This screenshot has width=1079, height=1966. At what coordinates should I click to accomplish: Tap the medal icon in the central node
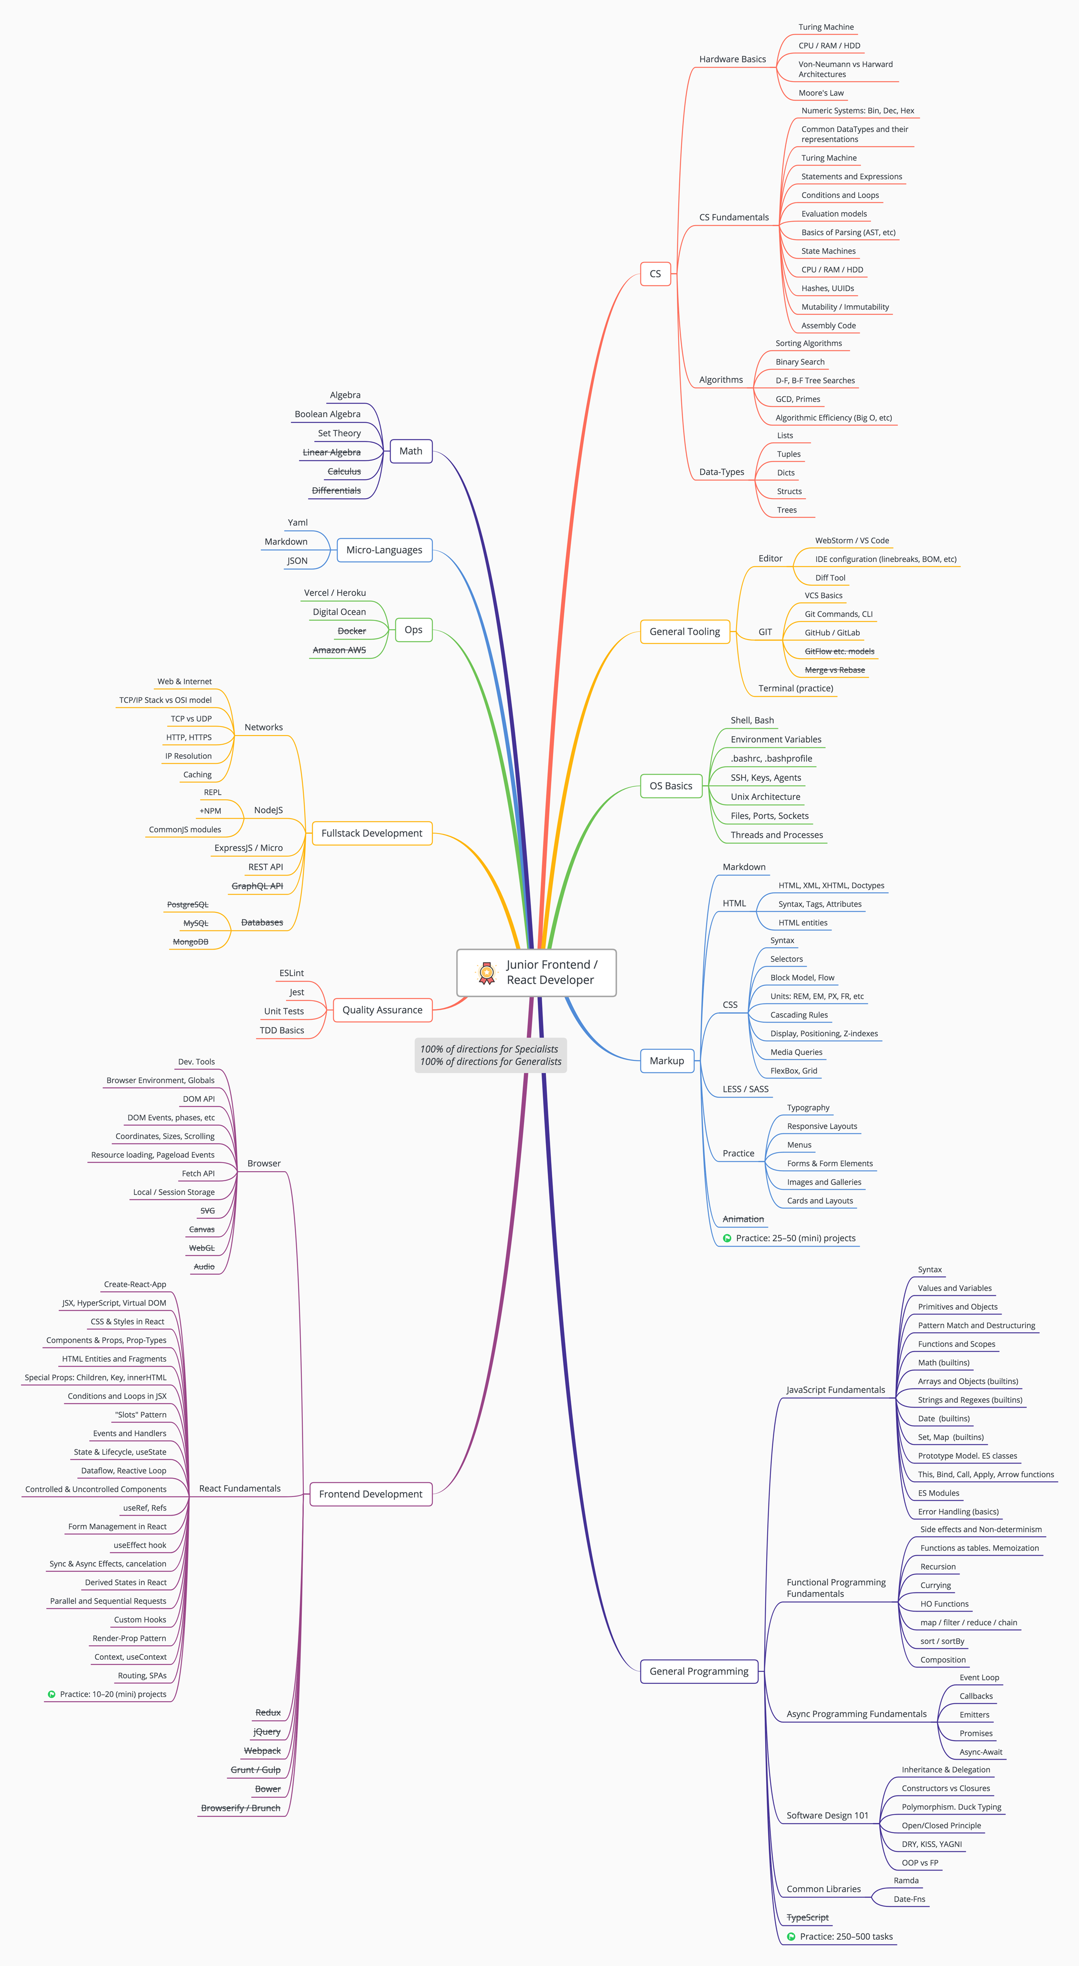coord(486,972)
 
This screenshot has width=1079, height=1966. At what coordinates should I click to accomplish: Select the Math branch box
coord(411,451)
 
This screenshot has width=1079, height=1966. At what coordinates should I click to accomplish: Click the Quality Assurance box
coord(382,1010)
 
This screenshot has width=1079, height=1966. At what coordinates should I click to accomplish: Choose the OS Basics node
coord(671,786)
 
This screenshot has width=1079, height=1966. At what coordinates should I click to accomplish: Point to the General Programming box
coord(699,1671)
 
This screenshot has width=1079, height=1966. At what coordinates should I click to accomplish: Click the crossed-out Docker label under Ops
coord(352,631)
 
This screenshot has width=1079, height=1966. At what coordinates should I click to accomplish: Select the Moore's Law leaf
coord(821,93)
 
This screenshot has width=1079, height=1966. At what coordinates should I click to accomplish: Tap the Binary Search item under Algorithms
coord(800,362)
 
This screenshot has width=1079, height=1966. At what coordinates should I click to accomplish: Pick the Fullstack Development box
coord(372,833)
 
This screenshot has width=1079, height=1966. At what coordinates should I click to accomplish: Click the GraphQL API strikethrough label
coord(257,886)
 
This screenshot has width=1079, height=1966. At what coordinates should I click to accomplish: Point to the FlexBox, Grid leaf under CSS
coord(793,1071)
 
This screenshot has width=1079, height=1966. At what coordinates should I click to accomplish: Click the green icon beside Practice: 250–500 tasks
coord(791,1936)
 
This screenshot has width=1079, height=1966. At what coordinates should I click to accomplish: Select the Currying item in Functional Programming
coord(936,1585)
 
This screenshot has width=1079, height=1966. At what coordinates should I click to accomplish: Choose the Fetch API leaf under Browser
coord(198,1174)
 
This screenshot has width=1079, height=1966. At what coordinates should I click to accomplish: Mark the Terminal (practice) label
coord(796,688)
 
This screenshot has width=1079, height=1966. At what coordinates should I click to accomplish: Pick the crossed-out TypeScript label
coord(807,1917)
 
